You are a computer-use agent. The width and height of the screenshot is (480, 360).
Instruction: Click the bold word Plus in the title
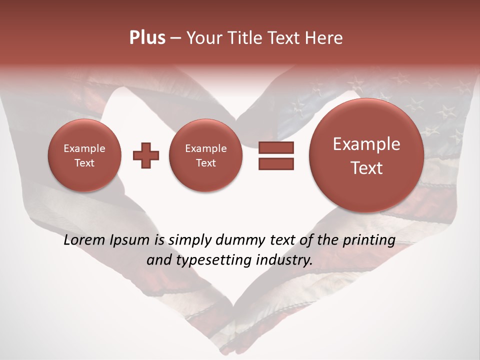147,38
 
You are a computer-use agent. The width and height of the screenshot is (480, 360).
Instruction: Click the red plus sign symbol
145,155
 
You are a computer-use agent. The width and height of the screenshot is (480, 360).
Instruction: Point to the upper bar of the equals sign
276,147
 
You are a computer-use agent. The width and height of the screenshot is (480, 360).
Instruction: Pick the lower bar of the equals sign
276,163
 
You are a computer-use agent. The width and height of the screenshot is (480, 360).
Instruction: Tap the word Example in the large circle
366,144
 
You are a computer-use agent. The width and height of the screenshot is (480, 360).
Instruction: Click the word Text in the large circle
366,168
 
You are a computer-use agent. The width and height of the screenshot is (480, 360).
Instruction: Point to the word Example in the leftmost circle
84,148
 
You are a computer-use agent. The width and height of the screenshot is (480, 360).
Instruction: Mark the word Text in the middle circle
205,163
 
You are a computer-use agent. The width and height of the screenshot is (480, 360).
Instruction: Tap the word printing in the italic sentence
369,240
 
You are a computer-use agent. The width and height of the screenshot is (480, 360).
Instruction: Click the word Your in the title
202,38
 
